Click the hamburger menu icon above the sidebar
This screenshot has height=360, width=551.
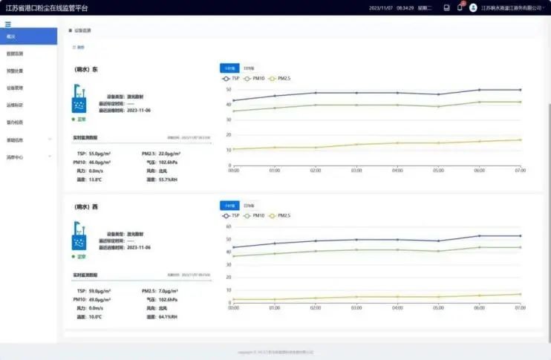tap(8, 24)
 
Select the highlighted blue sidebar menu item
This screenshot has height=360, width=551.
tap(28, 36)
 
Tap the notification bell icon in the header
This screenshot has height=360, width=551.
tap(460, 7)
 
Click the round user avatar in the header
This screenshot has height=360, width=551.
tap(473, 7)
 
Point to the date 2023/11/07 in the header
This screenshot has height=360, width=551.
tap(380, 7)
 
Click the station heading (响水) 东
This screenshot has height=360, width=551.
tap(87, 70)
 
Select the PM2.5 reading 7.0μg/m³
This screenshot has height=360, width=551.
tap(163, 290)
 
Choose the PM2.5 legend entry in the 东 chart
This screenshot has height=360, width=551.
tap(278, 78)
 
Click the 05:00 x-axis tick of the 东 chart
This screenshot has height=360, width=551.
tap(438, 170)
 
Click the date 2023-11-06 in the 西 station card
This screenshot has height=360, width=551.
tap(139, 247)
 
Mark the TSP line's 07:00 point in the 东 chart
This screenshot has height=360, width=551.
tap(520, 90)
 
